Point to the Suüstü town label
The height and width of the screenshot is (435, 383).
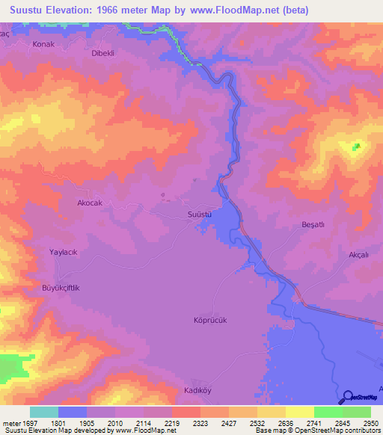200,215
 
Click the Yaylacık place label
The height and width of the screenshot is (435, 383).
64,253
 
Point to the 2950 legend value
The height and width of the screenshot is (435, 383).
362,423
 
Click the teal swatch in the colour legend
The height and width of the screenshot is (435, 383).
44,412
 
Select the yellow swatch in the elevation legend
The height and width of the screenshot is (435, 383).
300,412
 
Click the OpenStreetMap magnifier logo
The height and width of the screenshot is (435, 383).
347,397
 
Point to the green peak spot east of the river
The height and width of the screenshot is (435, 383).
357,146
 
